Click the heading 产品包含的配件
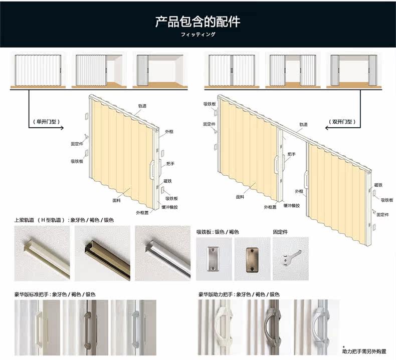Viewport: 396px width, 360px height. (x=197, y=22)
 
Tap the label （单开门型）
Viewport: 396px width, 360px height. (x=47, y=122)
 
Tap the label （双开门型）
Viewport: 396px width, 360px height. (x=343, y=122)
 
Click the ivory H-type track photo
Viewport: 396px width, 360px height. (x=42, y=253)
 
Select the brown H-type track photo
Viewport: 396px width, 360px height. (x=102, y=253)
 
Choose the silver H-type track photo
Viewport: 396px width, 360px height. (x=163, y=253)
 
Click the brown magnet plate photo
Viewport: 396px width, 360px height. (x=252, y=259)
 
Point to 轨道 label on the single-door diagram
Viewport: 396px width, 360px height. (x=142, y=106)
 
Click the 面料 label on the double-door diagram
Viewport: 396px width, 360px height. (x=240, y=197)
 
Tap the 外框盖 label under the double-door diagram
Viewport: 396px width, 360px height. (x=271, y=206)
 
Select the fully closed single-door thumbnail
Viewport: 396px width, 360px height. (x=38, y=70)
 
